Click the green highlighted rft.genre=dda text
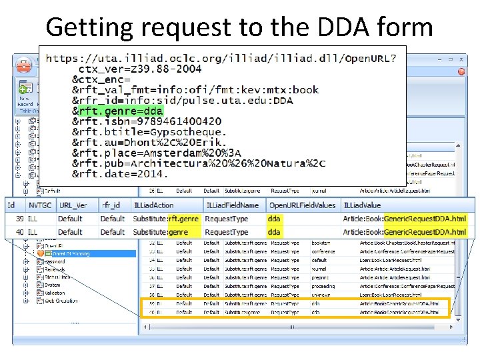point(121,111)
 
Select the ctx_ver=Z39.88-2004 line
point(140,68)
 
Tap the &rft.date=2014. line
point(121,173)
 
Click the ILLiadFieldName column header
point(231,205)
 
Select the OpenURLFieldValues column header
point(302,205)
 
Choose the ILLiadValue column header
point(362,205)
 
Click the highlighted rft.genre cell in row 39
point(183,219)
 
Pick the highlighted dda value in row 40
point(274,232)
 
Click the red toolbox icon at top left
point(25,65)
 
